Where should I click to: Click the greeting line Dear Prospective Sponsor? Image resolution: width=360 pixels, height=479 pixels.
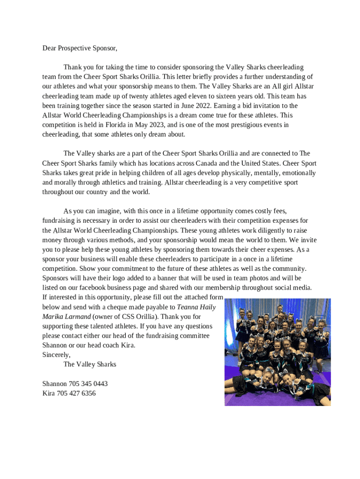click(x=80, y=48)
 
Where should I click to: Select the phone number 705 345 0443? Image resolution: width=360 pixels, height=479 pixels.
click(x=88, y=384)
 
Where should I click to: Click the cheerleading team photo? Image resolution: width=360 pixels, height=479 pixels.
click(x=277, y=352)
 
